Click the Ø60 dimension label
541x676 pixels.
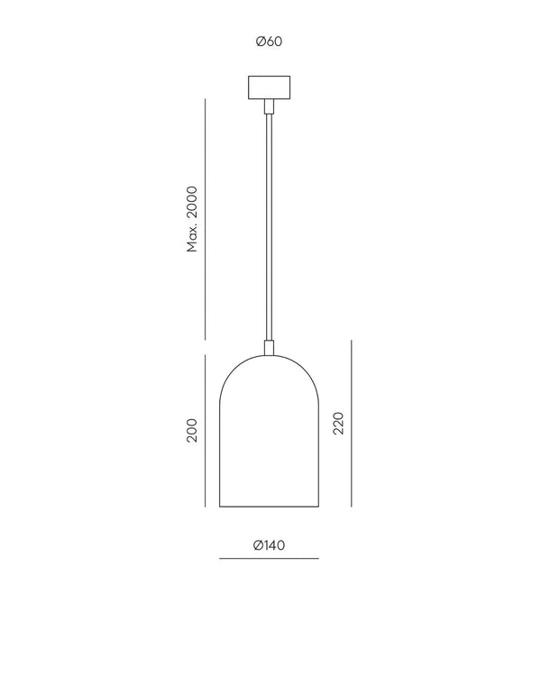(x=269, y=41)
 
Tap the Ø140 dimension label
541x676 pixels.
(x=270, y=545)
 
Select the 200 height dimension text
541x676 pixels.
(x=192, y=430)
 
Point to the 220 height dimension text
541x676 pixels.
(x=339, y=423)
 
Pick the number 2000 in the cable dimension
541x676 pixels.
(x=192, y=203)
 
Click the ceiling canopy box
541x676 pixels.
(x=270, y=87)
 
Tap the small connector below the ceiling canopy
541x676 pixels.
(x=270, y=106)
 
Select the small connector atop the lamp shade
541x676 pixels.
(x=270, y=348)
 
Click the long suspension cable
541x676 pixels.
(x=270, y=227)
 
